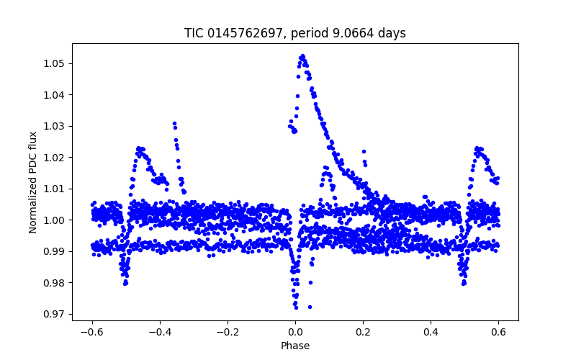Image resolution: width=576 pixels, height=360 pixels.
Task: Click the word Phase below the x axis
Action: click(x=295, y=346)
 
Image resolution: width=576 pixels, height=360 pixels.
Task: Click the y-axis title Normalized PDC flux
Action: click(x=33, y=181)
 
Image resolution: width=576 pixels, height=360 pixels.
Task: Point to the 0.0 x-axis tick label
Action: click(x=295, y=332)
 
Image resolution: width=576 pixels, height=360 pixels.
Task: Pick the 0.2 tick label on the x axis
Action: click(x=363, y=332)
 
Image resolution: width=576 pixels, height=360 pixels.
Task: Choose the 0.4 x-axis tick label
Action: click(x=431, y=332)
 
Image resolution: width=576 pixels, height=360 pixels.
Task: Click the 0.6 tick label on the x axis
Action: click(x=498, y=332)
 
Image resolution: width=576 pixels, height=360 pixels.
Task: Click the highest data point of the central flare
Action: click(x=302, y=55)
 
